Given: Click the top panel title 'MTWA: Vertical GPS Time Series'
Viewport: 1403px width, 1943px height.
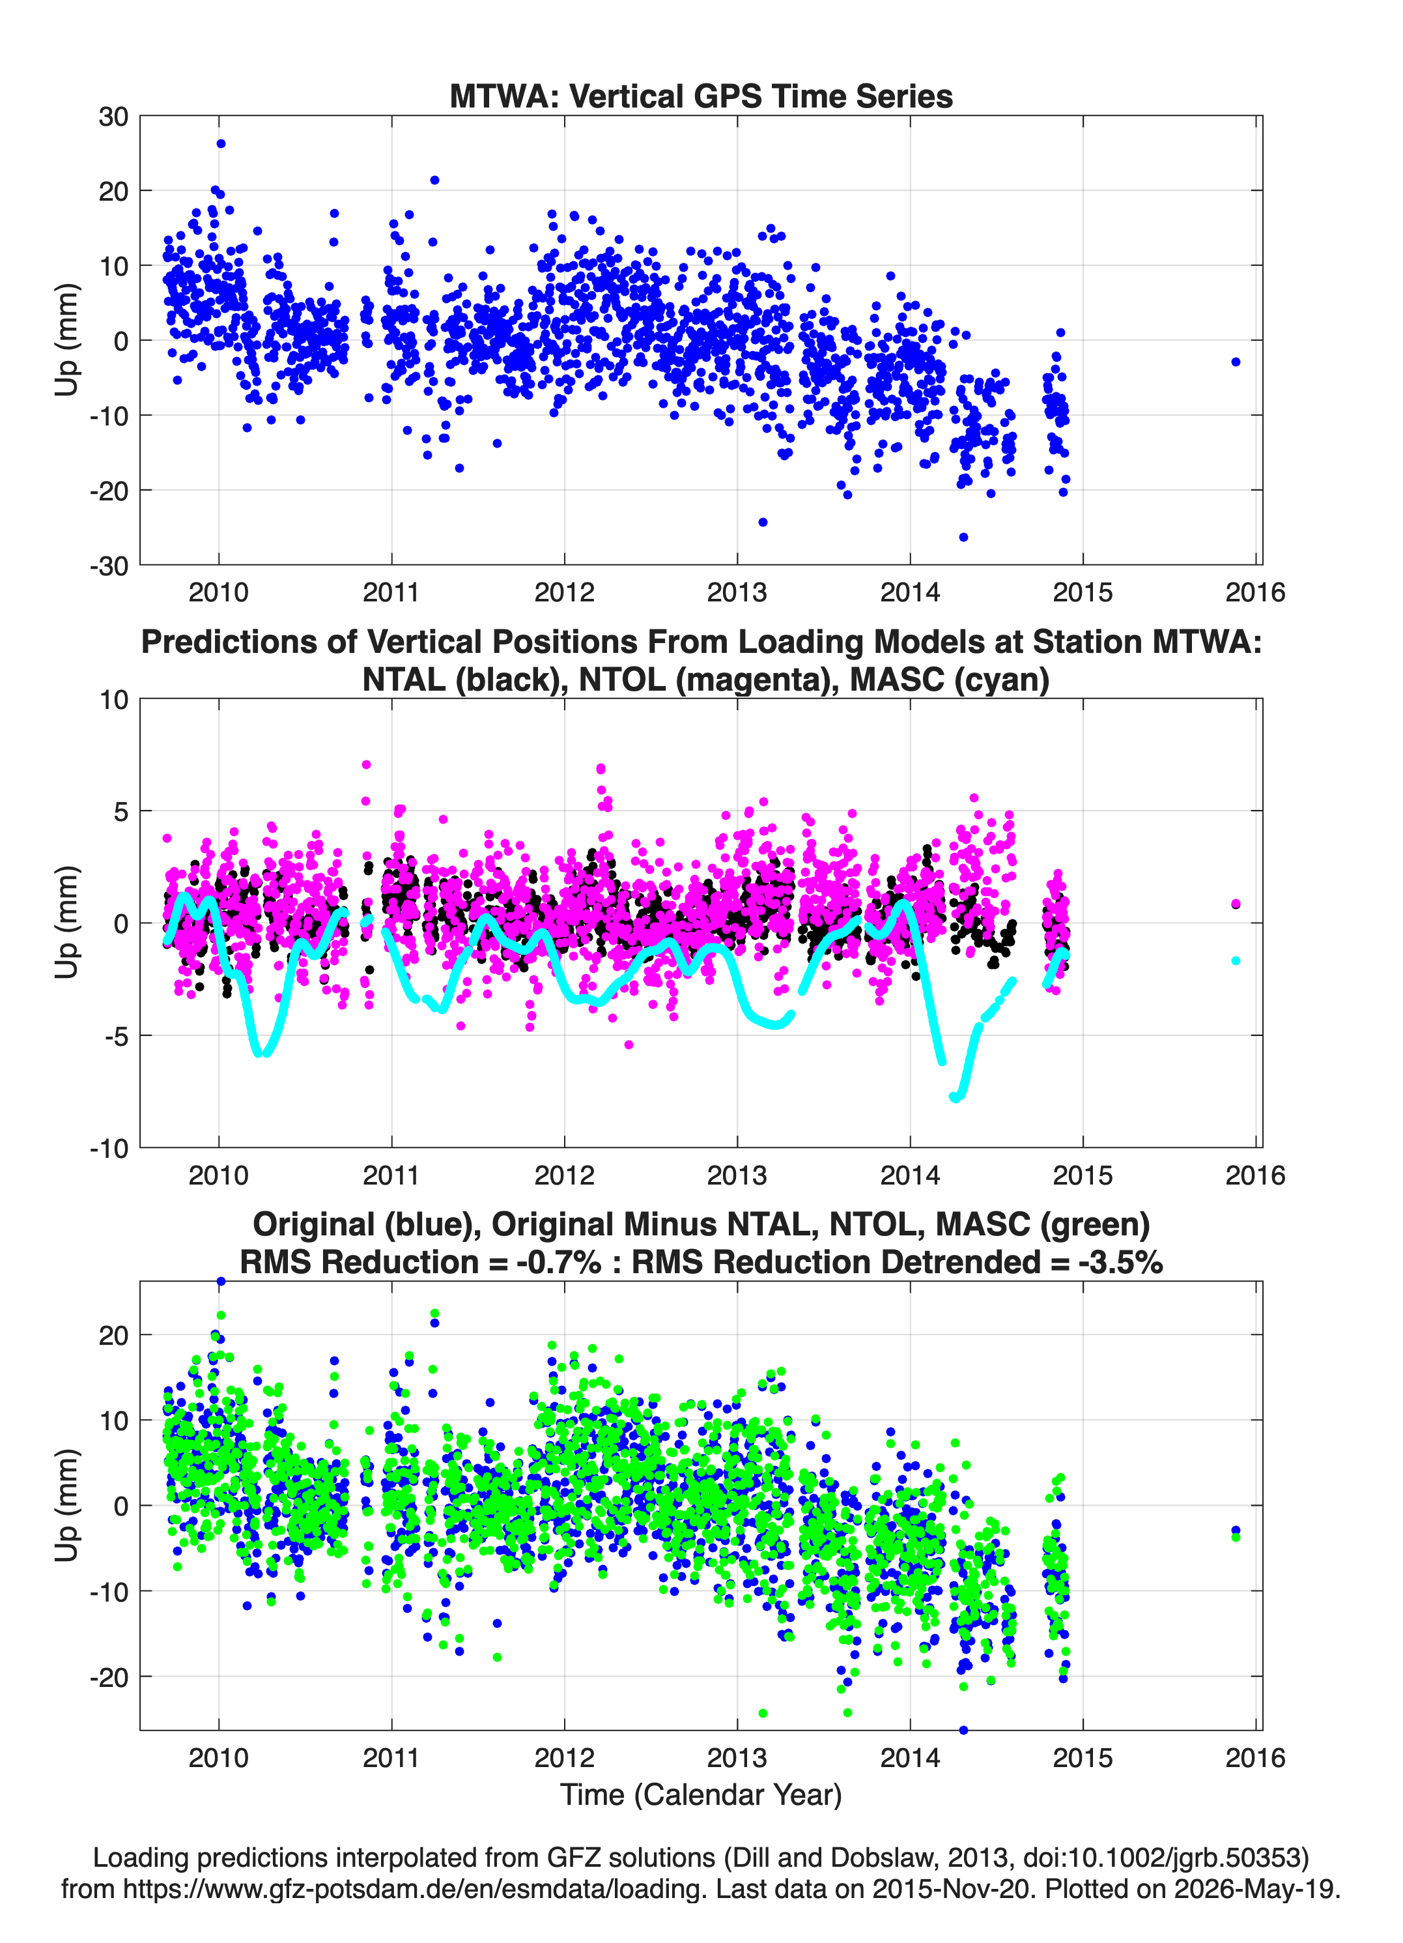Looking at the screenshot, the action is click(701, 96).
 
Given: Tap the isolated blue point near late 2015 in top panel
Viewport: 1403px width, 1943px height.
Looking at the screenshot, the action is click(1235, 362).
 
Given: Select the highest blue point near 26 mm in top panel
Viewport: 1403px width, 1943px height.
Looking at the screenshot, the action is click(221, 144).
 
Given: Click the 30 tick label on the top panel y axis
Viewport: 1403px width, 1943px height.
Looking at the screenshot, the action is click(113, 117).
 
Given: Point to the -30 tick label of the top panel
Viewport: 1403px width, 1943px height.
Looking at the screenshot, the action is click(108, 566).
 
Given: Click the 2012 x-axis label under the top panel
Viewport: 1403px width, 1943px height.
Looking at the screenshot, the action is click(565, 592).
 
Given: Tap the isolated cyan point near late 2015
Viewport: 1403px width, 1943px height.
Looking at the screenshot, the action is click(1235, 960).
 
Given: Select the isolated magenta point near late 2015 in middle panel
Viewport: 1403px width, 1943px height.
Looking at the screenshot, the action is click(1235, 904).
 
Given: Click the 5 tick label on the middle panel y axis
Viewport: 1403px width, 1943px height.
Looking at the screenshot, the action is click(120, 811).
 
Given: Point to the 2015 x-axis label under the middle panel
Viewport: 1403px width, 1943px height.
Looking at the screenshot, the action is click(1083, 1175).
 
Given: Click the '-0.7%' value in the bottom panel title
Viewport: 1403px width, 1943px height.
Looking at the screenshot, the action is click(558, 1262).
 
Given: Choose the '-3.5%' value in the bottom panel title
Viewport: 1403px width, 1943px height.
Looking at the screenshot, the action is click(1120, 1262).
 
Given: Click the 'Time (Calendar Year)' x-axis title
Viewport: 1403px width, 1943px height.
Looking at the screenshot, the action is click(701, 1795).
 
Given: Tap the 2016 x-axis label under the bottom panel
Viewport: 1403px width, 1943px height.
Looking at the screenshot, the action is click(1255, 1758).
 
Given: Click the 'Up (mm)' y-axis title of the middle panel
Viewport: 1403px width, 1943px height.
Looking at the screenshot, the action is click(67, 923).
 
